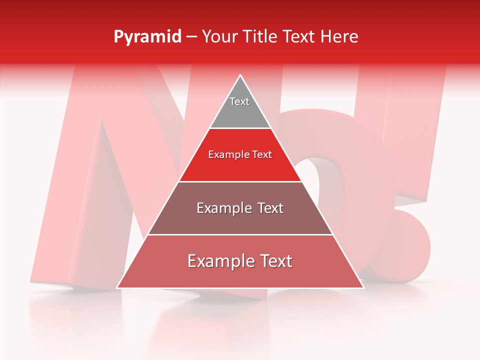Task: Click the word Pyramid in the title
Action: coord(147,37)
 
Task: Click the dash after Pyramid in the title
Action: coord(191,37)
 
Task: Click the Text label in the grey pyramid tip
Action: coord(239,101)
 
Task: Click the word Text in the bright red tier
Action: coord(262,154)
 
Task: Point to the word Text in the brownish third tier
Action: coord(269,208)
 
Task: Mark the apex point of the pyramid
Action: coord(240,75)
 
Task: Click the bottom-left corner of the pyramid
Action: coord(117,288)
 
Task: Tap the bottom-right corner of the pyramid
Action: coord(363,288)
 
